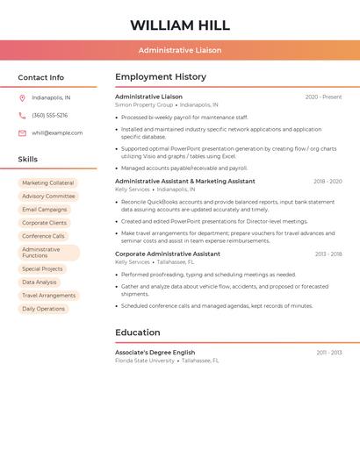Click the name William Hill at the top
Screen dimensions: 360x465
180,25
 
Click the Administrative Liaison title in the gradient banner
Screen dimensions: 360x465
180,50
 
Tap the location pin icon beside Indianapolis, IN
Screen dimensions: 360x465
22,98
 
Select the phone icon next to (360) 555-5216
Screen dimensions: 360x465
22,116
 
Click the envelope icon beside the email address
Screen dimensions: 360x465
22,133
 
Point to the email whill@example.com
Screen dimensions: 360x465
57,133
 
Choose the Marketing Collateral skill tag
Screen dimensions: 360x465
48,183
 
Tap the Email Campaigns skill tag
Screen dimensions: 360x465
45,210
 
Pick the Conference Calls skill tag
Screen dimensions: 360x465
43,236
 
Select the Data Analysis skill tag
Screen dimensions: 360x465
40,283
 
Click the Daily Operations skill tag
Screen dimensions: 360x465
44,309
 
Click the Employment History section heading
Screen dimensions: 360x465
161,77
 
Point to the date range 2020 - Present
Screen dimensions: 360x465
323,97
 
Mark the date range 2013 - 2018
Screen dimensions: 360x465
328,254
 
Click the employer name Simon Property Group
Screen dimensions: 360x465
144,104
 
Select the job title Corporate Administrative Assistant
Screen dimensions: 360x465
168,254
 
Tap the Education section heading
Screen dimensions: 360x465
138,333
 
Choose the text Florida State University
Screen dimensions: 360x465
145,361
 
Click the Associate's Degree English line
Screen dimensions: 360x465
155,353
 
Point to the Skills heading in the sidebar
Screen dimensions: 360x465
28,160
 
